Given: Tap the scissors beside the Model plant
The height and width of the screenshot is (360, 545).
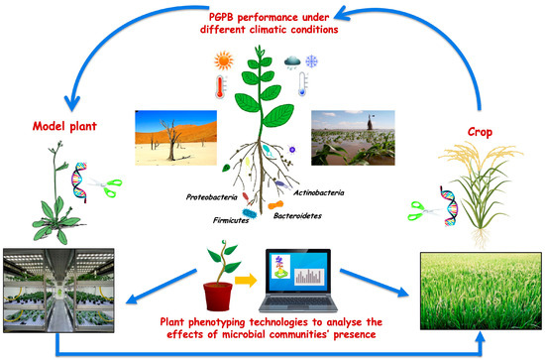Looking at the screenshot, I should click(x=117, y=184).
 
